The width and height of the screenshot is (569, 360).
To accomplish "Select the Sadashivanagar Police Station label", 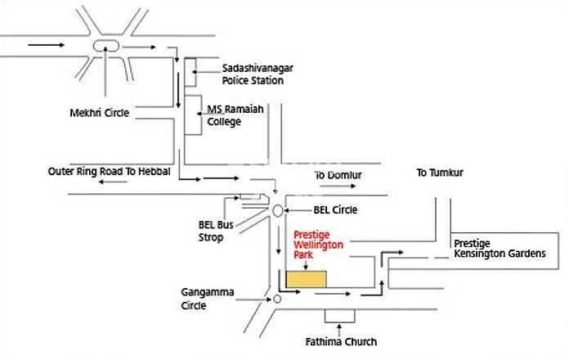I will pos(253,74).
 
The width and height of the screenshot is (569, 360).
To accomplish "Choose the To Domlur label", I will pos(338,175).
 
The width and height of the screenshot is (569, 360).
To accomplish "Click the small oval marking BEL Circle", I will pos(278,210).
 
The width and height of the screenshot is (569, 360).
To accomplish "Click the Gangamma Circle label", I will pos(204,299).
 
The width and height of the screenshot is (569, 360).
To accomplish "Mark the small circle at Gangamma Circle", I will pos(277,299).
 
